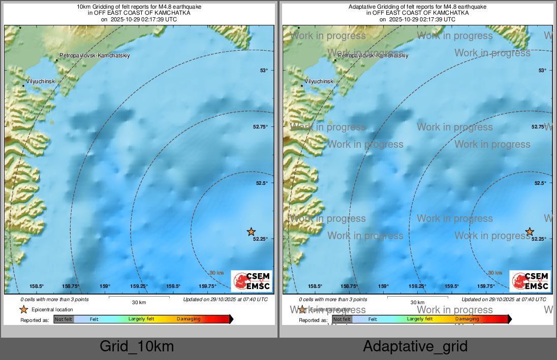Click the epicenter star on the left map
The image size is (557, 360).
coord(251,232)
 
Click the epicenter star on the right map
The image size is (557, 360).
coord(530,232)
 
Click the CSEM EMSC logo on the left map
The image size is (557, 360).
coord(252,281)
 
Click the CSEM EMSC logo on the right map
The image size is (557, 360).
coord(530,281)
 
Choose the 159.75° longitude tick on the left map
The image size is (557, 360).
coord(208,286)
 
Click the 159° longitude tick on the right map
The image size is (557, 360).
coord(383,286)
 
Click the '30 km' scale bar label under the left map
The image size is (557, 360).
coord(139,303)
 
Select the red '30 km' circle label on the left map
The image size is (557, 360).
coord(216,273)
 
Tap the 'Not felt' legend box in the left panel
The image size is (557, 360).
coord(64,319)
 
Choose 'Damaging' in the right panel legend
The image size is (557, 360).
coord(467,319)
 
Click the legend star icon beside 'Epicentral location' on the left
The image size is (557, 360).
coord(23,309)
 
